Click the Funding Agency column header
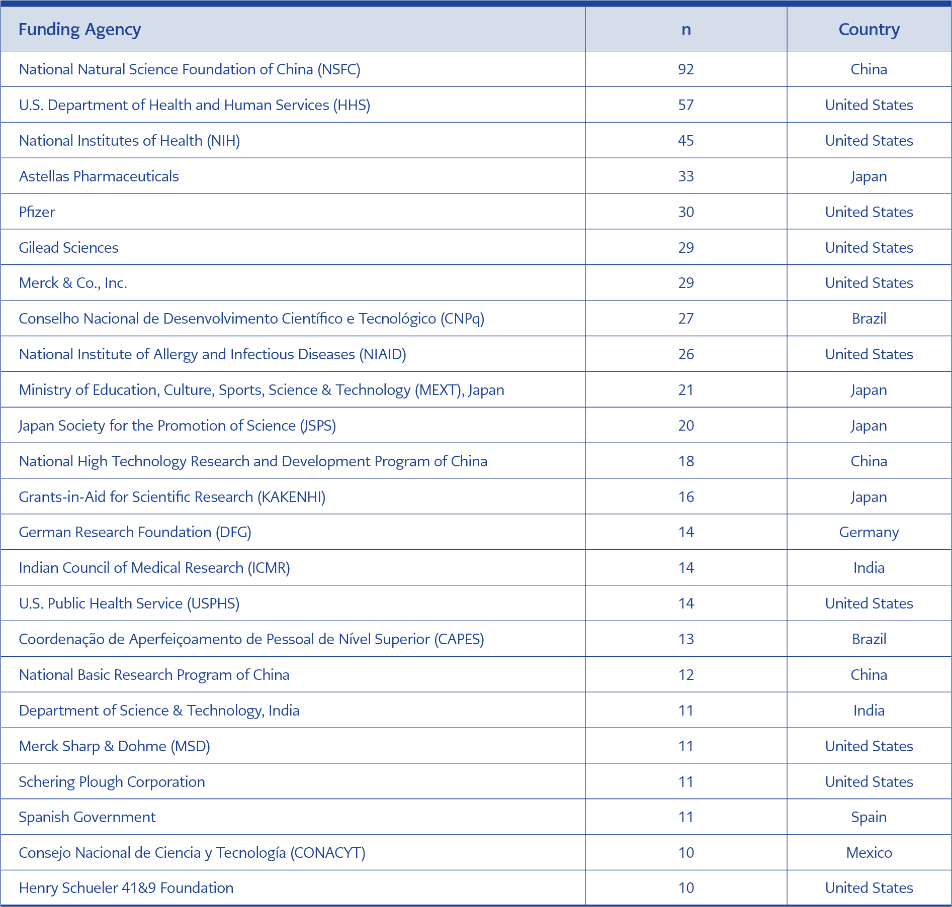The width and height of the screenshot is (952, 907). tap(79, 30)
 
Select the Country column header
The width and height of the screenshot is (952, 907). tap(869, 30)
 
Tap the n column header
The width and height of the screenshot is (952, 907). tap(686, 30)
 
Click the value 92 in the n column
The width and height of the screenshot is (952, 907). tap(686, 69)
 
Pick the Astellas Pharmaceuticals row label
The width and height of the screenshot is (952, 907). tap(99, 176)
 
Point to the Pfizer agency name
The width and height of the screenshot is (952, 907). tap(37, 212)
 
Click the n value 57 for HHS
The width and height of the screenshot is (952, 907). tap(686, 105)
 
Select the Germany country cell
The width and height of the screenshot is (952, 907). tap(869, 532)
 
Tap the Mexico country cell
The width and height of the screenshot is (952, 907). tap(869, 853)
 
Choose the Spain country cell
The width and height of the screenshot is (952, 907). tap(869, 817)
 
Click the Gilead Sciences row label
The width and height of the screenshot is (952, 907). tap(68, 248)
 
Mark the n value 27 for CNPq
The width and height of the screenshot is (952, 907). tap(686, 319)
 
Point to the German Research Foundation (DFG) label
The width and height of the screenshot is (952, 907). tap(135, 532)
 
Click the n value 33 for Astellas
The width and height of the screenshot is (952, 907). tap(686, 176)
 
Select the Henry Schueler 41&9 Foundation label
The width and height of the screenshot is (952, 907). tap(126, 888)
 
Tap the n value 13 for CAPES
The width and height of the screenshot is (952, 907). tap(686, 639)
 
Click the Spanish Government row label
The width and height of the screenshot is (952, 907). tap(87, 817)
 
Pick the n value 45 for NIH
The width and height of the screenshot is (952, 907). tap(686, 141)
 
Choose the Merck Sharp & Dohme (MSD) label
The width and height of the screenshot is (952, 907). tap(114, 746)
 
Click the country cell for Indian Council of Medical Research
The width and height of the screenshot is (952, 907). tap(869, 568)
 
